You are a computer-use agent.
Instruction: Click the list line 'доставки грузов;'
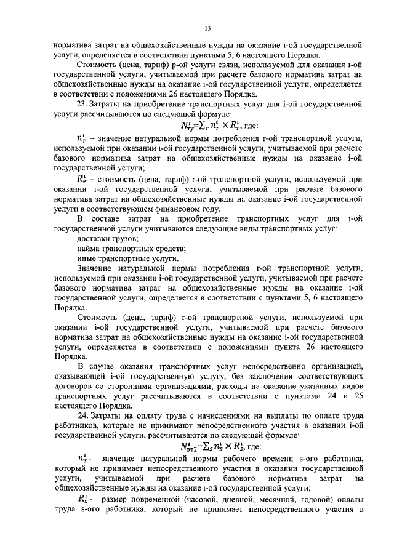[x=107, y=238]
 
